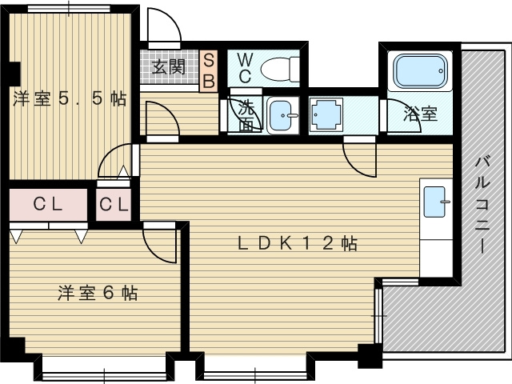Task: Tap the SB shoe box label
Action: (208, 70)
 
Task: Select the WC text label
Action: (245, 68)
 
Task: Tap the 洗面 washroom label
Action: (246, 114)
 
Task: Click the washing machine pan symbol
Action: (326, 115)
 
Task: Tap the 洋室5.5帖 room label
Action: (68, 99)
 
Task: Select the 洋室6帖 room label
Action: (97, 293)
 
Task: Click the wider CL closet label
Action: (48, 205)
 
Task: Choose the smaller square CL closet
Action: (113, 205)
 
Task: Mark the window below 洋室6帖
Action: (106, 369)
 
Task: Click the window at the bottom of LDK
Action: (254, 370)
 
